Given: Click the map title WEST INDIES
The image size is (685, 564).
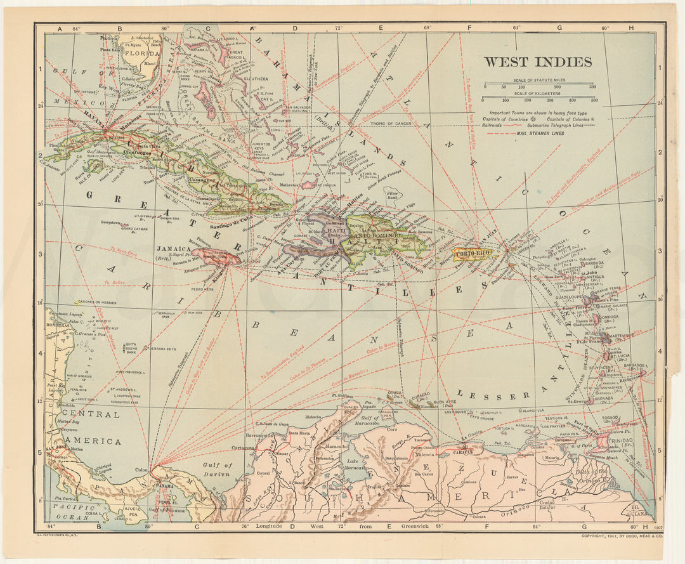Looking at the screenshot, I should point(538,62).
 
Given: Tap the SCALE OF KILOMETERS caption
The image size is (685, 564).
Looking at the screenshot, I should point(540,94).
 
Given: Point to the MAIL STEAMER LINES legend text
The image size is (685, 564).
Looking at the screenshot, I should point(540,133).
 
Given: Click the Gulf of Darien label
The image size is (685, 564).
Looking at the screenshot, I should point(218,469).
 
